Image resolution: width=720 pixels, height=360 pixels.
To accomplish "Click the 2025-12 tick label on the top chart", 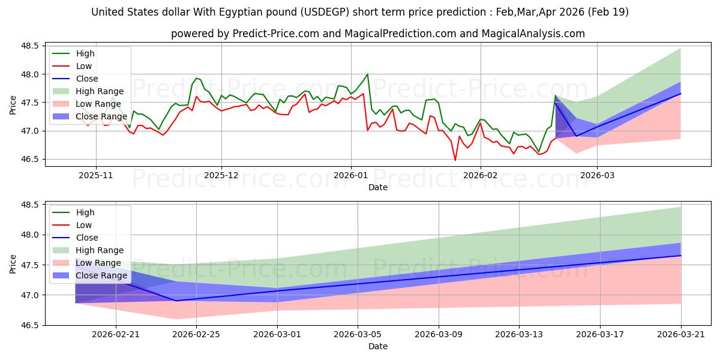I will point(221,175).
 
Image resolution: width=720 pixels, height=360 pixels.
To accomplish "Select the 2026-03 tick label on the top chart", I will point(597,175).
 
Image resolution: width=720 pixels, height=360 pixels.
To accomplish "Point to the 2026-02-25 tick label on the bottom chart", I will point(197,334).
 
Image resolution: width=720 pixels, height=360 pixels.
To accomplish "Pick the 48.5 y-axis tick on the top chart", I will point(30,46).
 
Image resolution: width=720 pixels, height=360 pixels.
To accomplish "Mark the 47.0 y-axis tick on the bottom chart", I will point(30,295).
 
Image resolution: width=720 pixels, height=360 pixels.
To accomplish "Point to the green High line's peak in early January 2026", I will point(367,74).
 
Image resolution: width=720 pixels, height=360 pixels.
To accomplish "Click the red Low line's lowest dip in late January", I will point(455,160).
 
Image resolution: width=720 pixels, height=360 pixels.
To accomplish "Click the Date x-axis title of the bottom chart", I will point(378,346).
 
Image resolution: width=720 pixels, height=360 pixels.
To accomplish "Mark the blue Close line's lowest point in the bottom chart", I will point(176,301).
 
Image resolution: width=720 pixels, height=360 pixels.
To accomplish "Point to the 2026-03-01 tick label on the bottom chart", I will point(277,334).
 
